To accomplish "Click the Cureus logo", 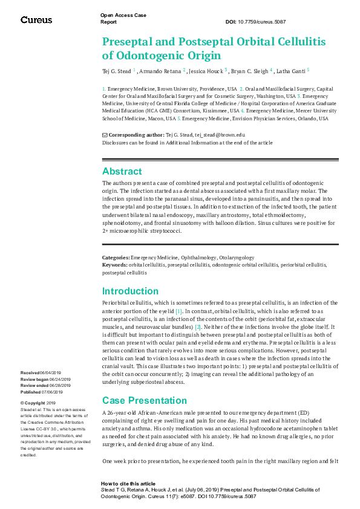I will [36, 20].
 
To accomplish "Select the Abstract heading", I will [122, 171].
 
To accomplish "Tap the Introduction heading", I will [130, 291].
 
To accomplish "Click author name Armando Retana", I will [160, 71].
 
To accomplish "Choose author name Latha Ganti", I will [292, 71].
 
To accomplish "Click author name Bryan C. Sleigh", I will [250, 71].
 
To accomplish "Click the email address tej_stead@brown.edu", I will [224, 135].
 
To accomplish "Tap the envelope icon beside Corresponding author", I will [105, 135].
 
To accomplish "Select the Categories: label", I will [116, 258].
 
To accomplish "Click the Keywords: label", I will [115, 265].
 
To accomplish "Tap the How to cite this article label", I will [128, 484].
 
